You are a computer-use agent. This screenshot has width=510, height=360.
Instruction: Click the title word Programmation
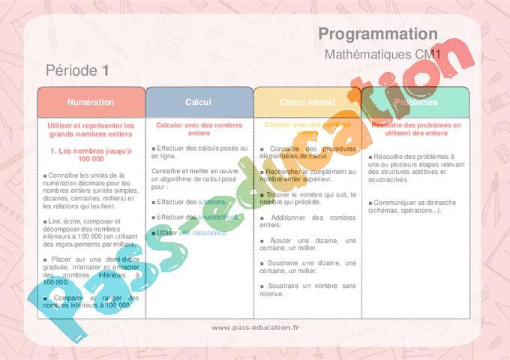coord(377,34)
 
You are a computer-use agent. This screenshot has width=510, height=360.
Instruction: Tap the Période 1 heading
coord(78,70)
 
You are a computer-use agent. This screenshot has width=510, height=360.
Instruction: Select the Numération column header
coord(91,102)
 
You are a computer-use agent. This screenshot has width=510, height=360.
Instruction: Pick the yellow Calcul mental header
coord(307,102)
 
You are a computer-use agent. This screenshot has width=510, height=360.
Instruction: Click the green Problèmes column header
coord(415,102)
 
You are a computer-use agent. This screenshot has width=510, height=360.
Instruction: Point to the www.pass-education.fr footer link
coord(255,328)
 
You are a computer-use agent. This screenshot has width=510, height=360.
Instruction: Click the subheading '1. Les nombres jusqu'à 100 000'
coord(91,154)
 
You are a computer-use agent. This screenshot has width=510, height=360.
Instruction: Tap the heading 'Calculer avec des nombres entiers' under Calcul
coord(199,129)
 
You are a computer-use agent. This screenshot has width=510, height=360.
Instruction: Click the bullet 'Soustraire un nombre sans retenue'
coord(307,289)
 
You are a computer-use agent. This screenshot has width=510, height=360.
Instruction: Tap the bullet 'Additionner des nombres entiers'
coord(307,220)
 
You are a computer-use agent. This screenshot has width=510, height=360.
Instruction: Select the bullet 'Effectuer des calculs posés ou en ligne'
coord(199,151)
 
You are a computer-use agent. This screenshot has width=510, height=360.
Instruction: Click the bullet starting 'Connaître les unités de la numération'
coord(91,190)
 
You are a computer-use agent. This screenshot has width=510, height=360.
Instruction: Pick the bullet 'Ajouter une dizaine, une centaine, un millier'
coord(307,244)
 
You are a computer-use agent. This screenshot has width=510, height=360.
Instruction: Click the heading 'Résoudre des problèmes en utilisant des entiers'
coord(415,129)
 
